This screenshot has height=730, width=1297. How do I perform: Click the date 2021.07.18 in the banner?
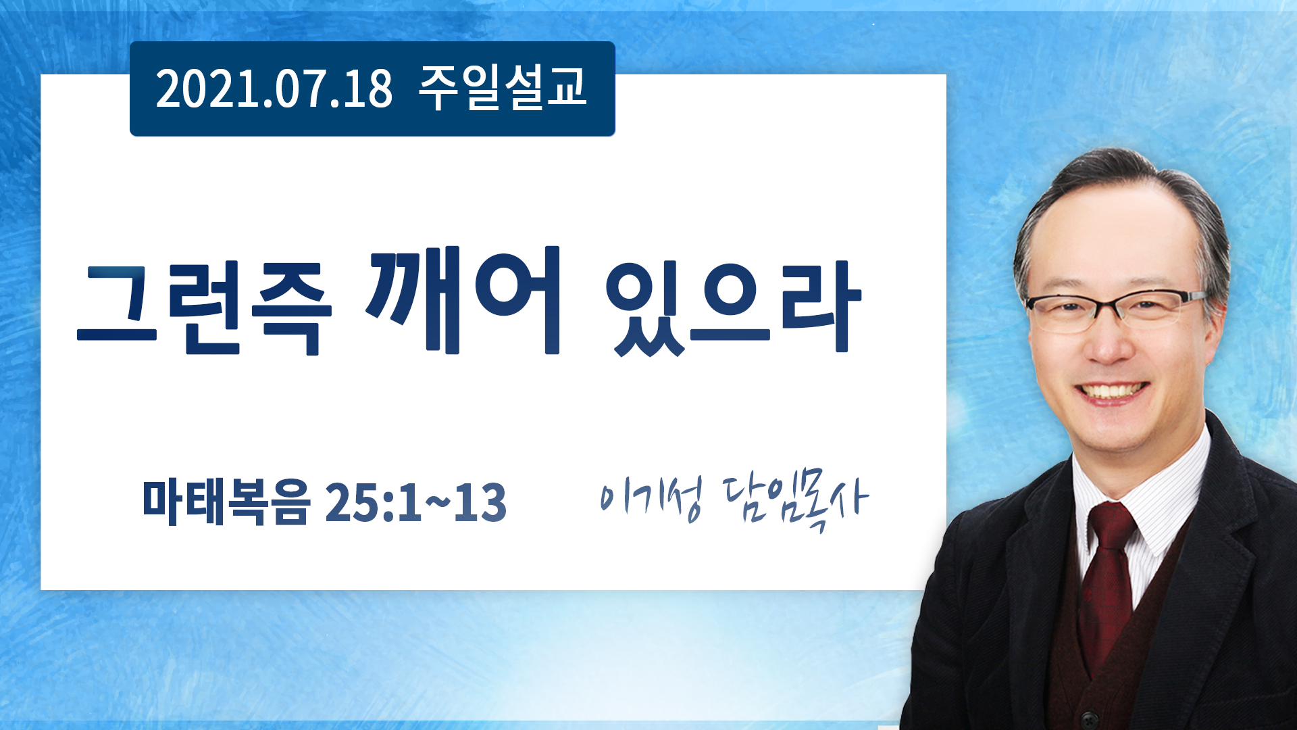pyautogui.click(x=274, y=89)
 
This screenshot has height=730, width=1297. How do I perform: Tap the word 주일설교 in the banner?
pyautogui.click(x=503, y=88)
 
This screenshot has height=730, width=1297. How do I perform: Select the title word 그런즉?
pyautogui.click(x=205, y=309)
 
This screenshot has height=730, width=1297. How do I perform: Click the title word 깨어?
pyautogui.click(x=463, y=301)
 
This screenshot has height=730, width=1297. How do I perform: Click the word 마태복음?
pyautogui.click(x=226, y=502)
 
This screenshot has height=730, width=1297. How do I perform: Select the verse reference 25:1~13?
pyautogui.click(x=415, y=503)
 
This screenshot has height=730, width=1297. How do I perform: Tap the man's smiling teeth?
pyautogui.click(x=1112, y=391)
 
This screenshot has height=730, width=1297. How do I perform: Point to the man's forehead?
pyautogui.click(x=1108, y=237)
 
